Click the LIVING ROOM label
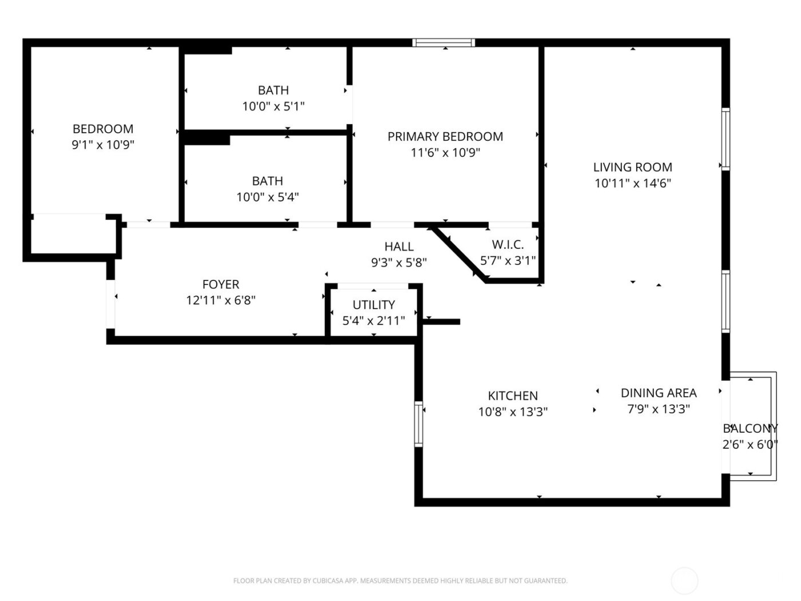click(632, 167)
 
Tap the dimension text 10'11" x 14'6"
click(632, 183)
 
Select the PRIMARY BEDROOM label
click(445, 136)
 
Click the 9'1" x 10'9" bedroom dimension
click(103, 145)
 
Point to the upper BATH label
click(273, 90)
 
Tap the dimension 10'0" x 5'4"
click(267, 197)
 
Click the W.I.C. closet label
click(507, 244)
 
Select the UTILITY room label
click(374, 305)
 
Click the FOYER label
click(221, 284)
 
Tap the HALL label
click(399, 246)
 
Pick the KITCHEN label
click(513, 396)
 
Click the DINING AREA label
click(659, 393)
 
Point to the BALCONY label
click(750, 428)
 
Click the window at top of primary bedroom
click(444, 42)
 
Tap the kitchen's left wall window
click(418, 424)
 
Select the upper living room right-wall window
click(725, 139)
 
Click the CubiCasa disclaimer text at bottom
click(400, 580)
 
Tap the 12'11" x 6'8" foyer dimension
click(221, 300)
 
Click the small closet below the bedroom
click(73, 235)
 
